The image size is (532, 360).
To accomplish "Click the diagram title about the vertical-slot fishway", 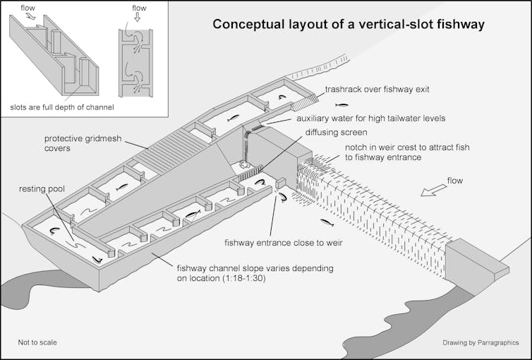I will pos(349,25).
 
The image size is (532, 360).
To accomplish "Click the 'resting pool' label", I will pos(42,190).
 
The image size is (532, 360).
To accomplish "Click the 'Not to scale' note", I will pos(37,342).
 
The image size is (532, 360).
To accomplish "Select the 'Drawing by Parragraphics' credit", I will pos(480,342).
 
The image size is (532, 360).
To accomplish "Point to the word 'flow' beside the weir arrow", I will pos(455,181).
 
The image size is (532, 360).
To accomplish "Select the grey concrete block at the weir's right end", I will pos(476,260).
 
